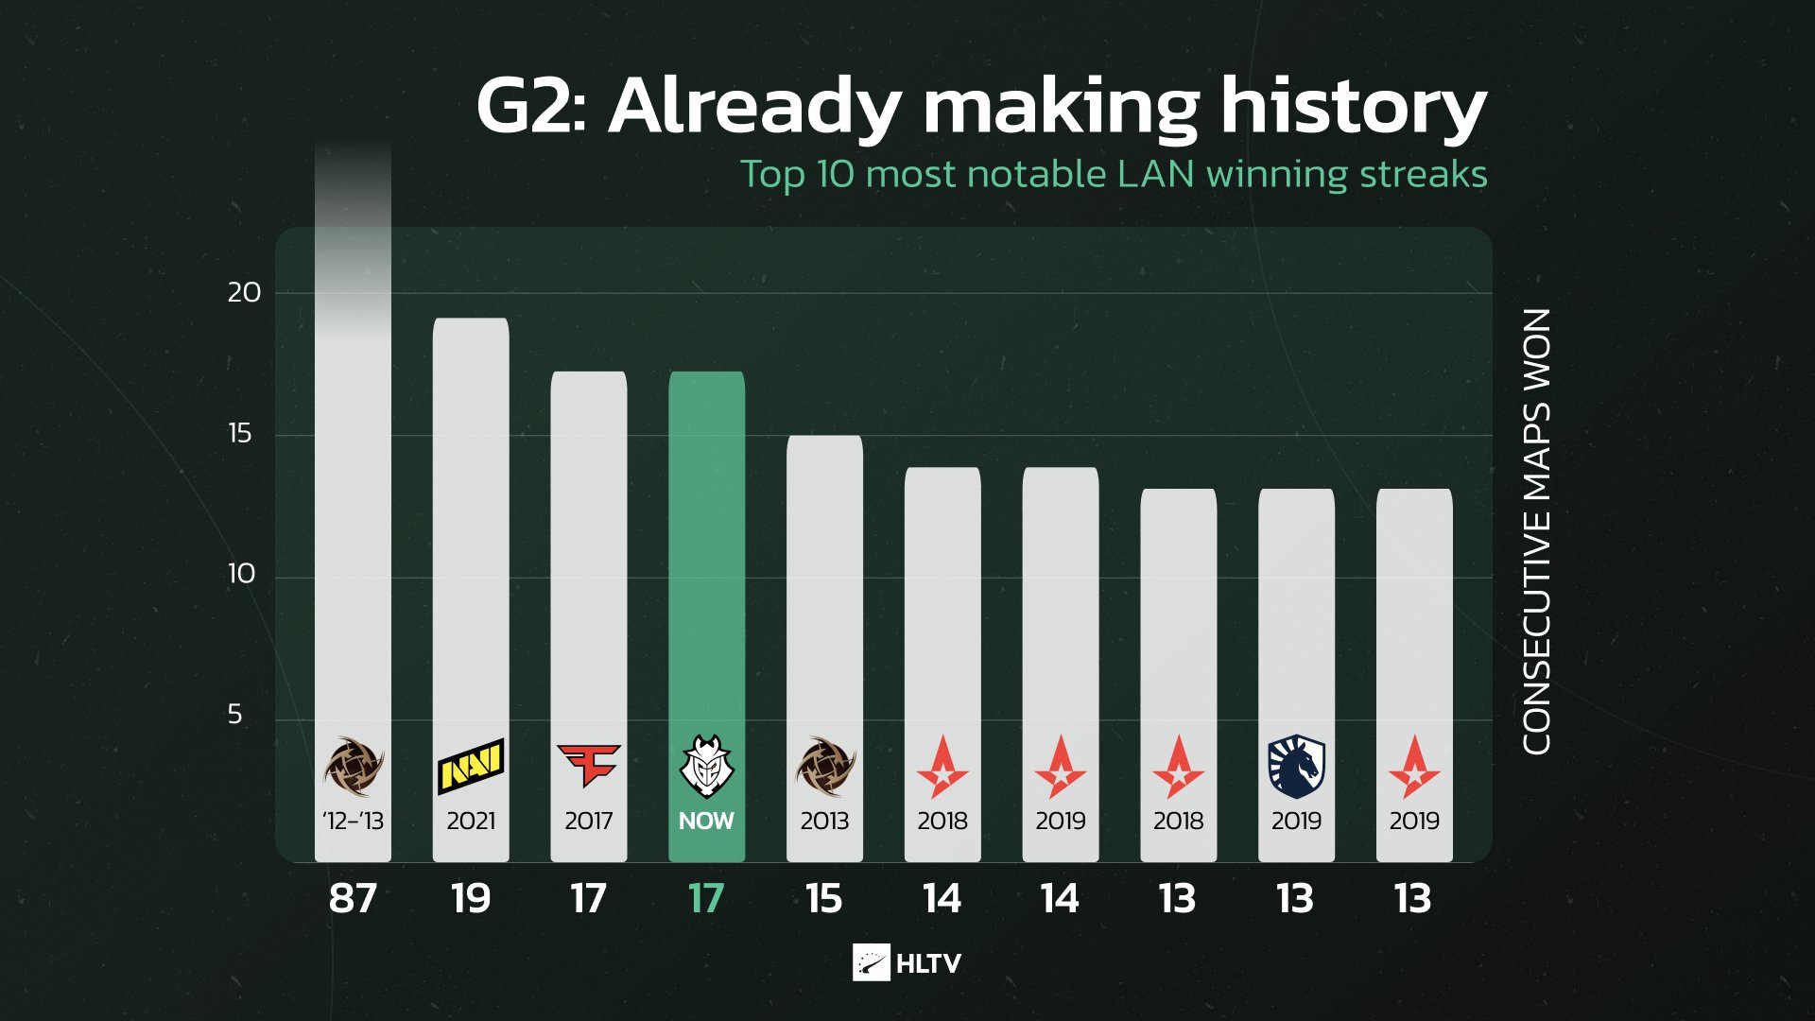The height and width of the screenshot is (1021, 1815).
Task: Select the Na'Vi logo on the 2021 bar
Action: pyautogui.click(x=471, y=766)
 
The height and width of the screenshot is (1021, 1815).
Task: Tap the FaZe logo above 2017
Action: pyautogui.click(x=588, y=765)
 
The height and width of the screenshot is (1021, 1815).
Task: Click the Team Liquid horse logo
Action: pyautogui.click(x=1296, y=767)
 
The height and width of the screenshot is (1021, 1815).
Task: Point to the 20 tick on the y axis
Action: pyautogui.click(x=244, y=292)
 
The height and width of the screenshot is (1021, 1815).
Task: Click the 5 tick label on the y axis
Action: pyautogui.click(x=234, y=715)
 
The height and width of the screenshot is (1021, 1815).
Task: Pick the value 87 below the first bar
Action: pyautogui.click(x=353, y=898)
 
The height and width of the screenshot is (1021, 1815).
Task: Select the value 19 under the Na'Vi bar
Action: pyautogui.click(x=471, y=898)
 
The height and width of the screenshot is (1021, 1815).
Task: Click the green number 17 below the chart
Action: pyautogui.click(x=706, y=898)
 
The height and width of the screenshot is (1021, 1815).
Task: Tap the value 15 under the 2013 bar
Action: pyautogui.click(x=824, y=898)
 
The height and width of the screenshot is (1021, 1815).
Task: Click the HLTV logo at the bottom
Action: pyautogui.click(x=907, y=962)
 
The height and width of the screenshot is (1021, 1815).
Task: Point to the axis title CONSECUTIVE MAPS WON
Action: pyautogui.click(x=1537, y=531)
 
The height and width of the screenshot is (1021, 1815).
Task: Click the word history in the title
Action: pyautogui.click(x=1354, y=106)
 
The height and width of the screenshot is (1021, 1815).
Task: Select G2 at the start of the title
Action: pyautogui.click(x=526, y=106)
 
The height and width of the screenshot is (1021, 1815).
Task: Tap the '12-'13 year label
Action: pyautogui.click(x=353, y=821)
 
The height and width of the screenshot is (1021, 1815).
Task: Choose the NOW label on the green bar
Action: pyautogui.click(x=706, y=821)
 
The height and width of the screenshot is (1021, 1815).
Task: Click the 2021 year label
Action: pyautogui.click(x=471, y=821)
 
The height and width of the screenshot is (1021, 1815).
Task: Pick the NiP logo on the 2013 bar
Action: pyautogui.click(x=824, y=766)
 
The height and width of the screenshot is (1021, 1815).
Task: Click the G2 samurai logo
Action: pyautogui.click(x=706, y=766)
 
